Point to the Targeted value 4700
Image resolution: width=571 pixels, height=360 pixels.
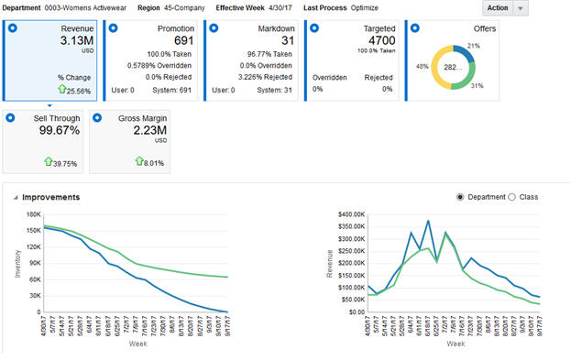click(x=379, y=40)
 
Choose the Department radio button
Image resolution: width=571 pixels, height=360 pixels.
click(x=460, y=197)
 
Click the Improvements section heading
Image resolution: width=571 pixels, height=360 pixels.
click(x=50, y=197)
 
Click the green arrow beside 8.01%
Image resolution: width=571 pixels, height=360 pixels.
click(x=140, y=162)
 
